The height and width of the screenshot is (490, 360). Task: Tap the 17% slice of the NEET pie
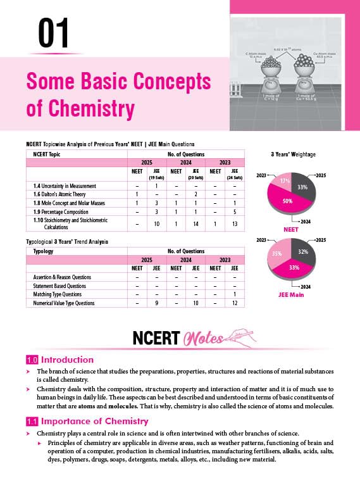click(x=283, y=182)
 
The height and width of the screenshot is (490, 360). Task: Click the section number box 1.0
click(x=32, y=360)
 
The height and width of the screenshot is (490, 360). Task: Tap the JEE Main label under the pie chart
click(x=290, y=294)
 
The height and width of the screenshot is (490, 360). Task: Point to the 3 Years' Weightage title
click(x=292, y=154)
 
